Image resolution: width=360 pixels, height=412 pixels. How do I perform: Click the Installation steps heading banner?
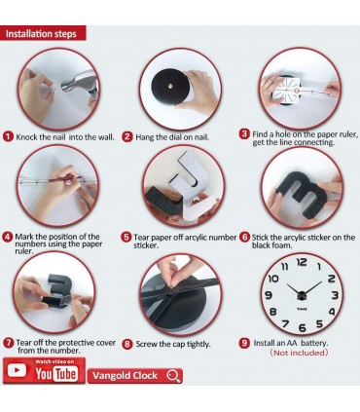[x=43, y=33]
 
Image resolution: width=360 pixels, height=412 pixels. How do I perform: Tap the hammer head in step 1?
[x=79, y=82]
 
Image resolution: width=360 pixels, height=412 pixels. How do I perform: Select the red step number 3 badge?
[x=244, y=134]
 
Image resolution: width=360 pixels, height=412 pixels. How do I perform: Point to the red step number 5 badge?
[x=126, y=237]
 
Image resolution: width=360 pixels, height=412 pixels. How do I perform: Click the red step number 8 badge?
[x=127, y=344]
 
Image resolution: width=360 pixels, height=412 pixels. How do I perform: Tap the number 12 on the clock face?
[x=302, y=262]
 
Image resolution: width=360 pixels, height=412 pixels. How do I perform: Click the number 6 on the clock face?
[x=303, y=328]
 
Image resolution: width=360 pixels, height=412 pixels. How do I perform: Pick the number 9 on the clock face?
[x=269, y=295]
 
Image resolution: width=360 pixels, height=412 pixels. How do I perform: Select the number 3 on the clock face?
[x=335, y=295]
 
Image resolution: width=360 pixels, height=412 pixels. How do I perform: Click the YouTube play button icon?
[x=17, y=370]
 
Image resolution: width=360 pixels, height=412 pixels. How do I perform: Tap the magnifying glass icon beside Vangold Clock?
[x=173, y=376]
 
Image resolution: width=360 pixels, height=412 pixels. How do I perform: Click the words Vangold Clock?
[x=125, y=376]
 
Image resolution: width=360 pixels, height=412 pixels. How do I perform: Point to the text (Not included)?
[x=299, y=353]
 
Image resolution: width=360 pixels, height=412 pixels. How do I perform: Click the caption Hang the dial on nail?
[x=172, y=137]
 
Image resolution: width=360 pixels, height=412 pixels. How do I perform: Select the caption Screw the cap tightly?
[x=173, y=344]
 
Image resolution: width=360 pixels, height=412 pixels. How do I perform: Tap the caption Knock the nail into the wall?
[x=65, y=137]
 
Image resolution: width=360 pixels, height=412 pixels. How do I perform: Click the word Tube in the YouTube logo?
[x=65, y=374]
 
